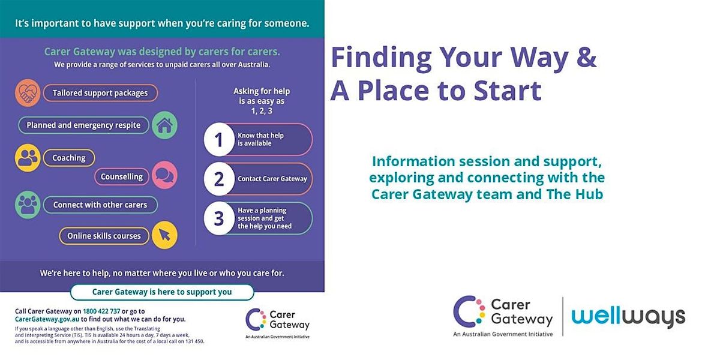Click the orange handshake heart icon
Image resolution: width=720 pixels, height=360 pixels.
tap(28, 93)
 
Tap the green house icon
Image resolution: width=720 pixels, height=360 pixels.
tap(164, 125)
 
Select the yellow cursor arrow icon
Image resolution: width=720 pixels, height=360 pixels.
tap(164, 235)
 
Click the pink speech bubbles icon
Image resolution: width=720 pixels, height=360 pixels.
tap(164, 175)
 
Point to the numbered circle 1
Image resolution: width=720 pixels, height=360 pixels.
tap(219, 139)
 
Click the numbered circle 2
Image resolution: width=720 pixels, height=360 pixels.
tap(219, 179)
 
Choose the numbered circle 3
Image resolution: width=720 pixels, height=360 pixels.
tap(219, 218)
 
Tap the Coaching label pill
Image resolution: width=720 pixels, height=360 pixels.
tap(69, 158)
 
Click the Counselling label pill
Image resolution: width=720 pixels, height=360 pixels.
tap(122, 176)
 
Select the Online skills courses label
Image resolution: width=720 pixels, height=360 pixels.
tap(104, 236)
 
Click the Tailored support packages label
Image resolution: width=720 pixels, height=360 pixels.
tap(100, 93)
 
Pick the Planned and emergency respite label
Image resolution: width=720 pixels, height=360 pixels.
tap(83, 125)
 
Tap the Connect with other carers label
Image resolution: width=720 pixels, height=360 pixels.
tap(100, 205)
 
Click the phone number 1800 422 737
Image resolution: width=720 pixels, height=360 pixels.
tap(101, 311)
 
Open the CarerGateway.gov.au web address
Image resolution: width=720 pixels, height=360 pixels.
tap(47, 319)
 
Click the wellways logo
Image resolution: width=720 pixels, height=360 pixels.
tap(628, 317)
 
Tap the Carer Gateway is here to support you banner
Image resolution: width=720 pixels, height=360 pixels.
tap(162, 292)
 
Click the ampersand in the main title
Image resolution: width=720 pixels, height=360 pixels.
tap(586, 57)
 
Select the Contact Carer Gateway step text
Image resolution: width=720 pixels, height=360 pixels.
tap(272, 179)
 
